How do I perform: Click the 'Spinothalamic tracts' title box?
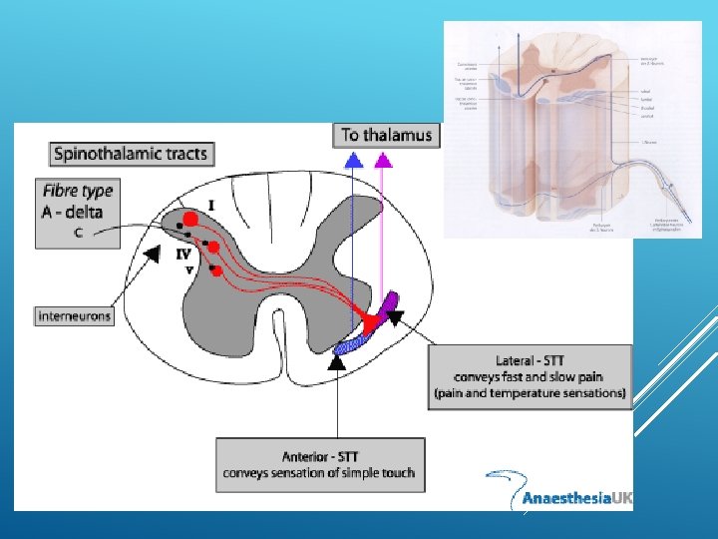[x=130, y=154]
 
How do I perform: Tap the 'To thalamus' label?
[x=387, y=134]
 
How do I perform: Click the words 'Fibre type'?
[x=78, y=190]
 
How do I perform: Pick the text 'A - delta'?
[x=74, y=211]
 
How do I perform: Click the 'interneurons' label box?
[x=75, y=316]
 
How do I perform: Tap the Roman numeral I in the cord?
[x=210, y=205]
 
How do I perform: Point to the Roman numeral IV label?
[x=183, y=254]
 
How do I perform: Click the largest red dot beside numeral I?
[x=189, y=220]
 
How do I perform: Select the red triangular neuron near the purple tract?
[x=373, y=321]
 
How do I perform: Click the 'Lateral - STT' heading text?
[x=530, y=360]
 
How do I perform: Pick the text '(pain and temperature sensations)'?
[x=530, y=393]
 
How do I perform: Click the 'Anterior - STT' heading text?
[x=320, y=455]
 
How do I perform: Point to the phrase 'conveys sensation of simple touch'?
[x=320, y=472]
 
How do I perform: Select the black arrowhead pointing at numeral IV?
[x=152, y=256]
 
